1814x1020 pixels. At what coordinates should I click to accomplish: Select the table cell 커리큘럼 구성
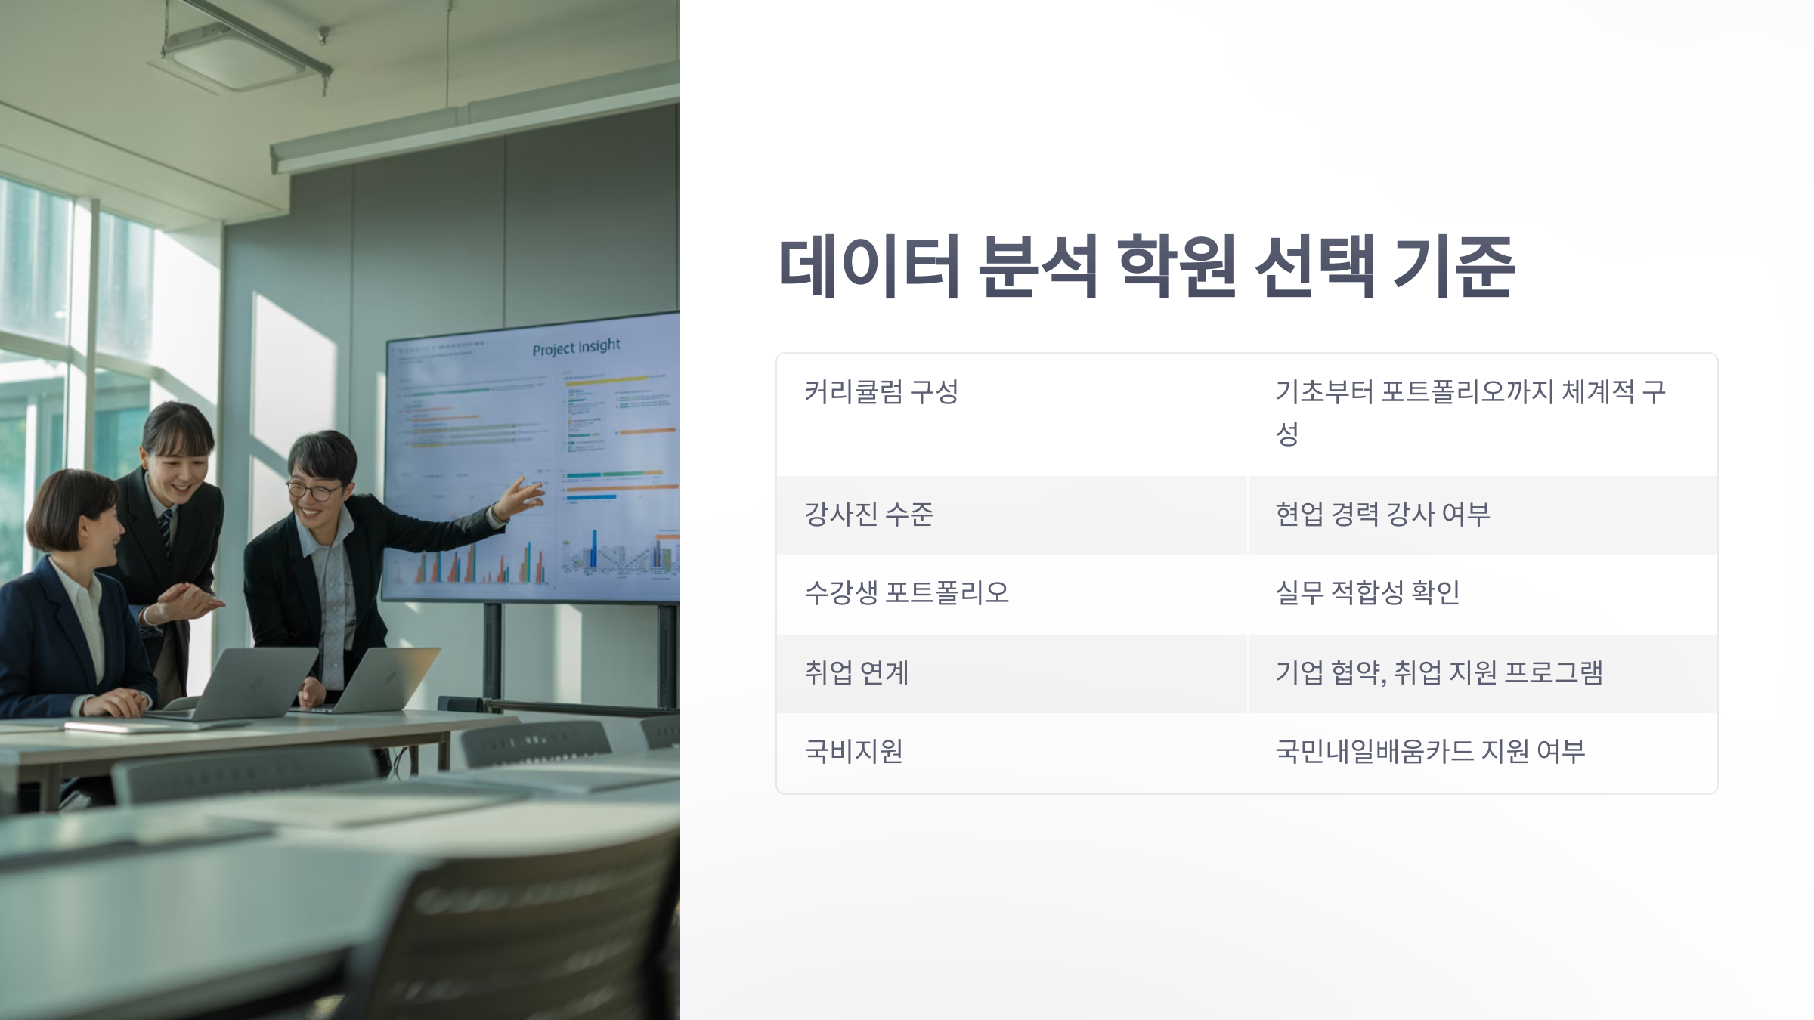pos(881,392)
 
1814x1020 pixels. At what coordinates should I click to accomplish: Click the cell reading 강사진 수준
pos(869,515)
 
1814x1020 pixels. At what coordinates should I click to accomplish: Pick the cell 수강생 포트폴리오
pos(906,593)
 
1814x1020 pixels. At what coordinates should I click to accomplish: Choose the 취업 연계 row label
pos(856,672)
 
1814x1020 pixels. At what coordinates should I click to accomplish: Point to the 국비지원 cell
pos(853,751)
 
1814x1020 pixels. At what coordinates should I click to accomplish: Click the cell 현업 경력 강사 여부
pos(1382,515)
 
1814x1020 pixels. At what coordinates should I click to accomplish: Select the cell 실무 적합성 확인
pos(1367,593)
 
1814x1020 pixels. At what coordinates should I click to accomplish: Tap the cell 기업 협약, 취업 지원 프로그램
pos(1439,672)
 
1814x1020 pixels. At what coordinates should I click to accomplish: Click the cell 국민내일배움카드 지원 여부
pos(1430,751)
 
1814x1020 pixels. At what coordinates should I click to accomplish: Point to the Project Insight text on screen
pos(576,348)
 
